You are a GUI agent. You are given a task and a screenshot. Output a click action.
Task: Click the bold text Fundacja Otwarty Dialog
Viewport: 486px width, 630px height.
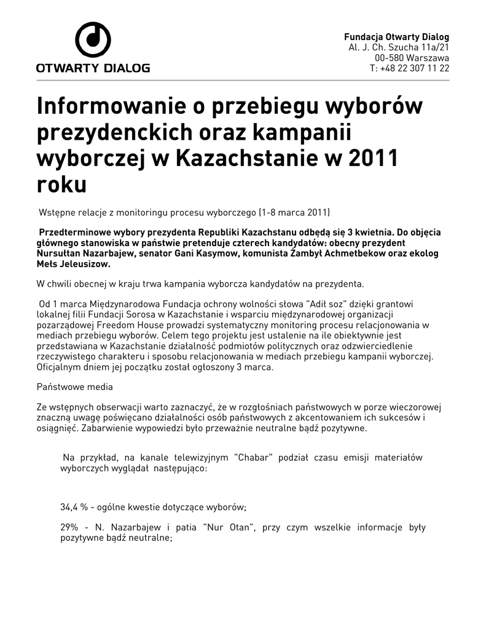click(x=396, y=37)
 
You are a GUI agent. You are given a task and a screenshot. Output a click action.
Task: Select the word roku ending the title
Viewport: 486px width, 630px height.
click(x=61, y=184)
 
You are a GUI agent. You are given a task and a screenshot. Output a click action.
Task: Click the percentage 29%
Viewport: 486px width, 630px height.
click(x=69, y=528)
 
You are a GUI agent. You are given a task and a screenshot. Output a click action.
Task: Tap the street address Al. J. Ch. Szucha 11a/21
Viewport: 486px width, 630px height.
click(x=399, y=47)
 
